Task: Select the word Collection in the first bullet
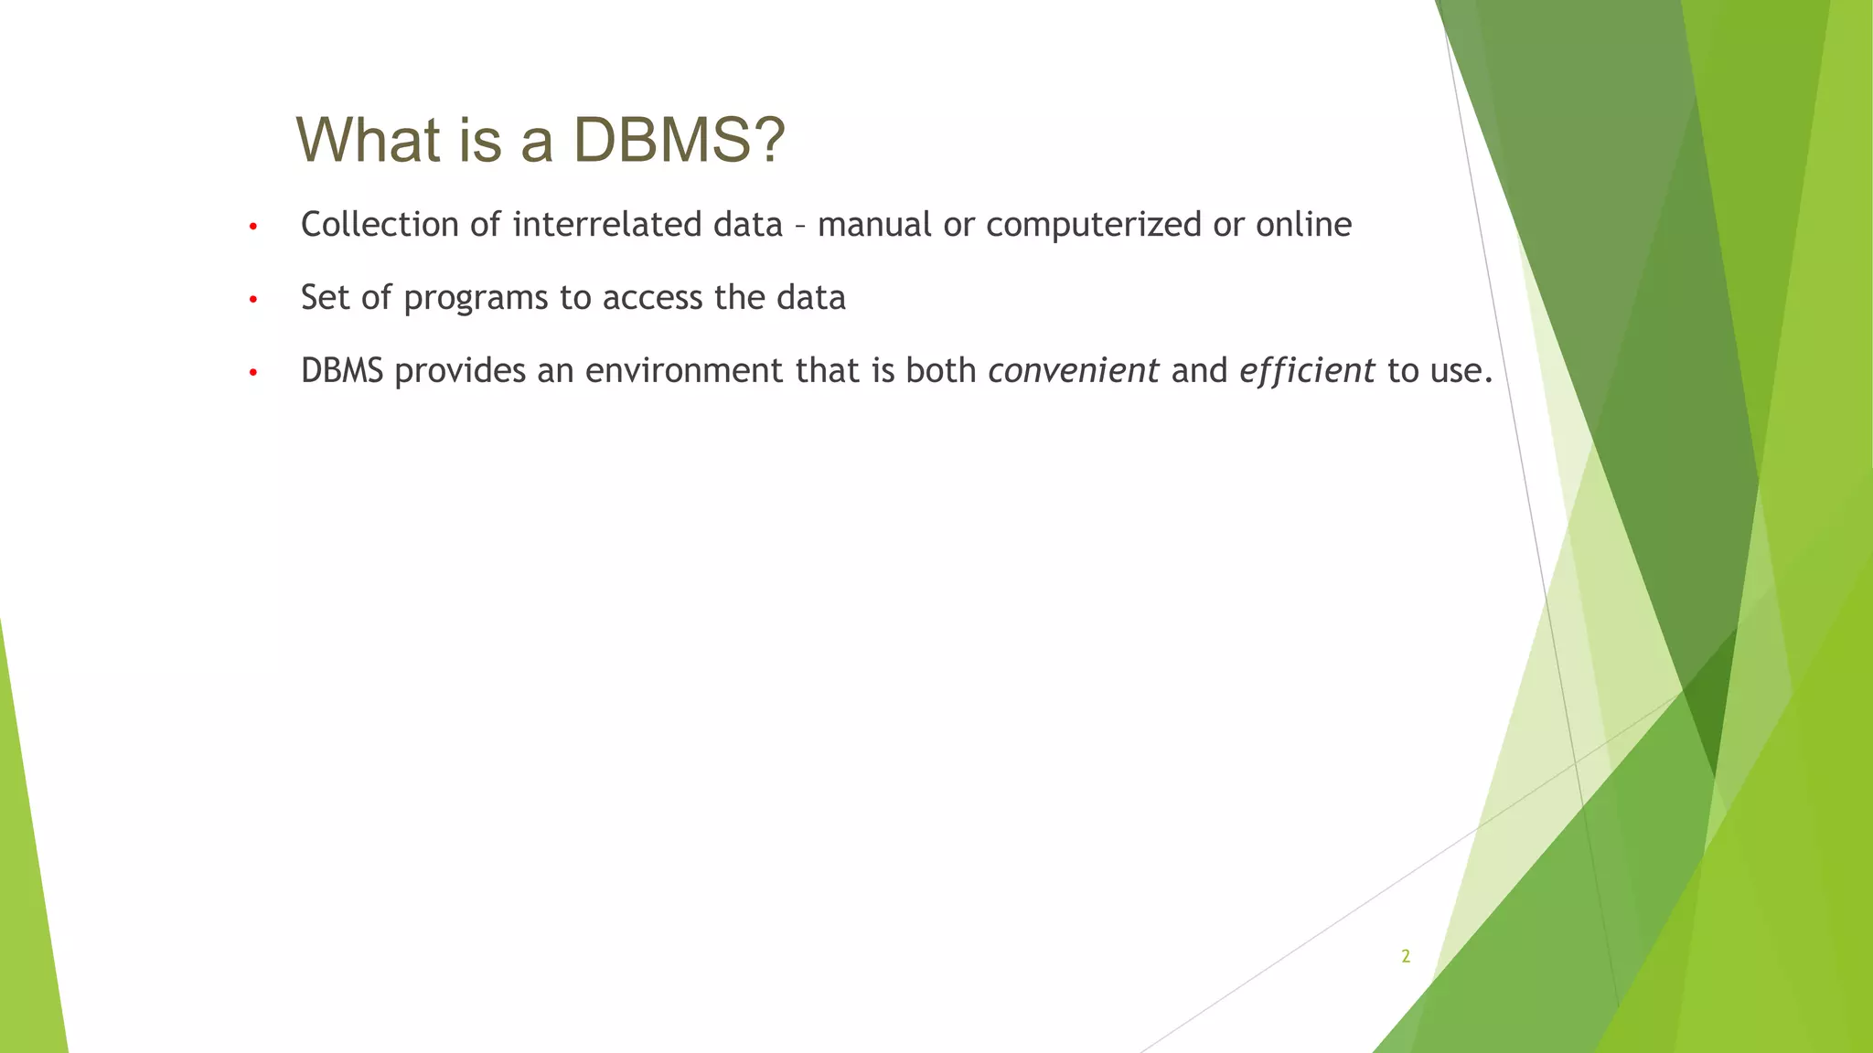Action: coord(380,225)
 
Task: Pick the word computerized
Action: coord(1093,226)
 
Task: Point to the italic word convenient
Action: coord(1074,371)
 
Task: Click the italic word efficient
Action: coord(1307,371)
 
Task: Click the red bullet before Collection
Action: coord(253,227)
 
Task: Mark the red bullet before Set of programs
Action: coord(253,300)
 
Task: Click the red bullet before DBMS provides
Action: coord(253,373)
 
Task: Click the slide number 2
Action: coord(1406,957)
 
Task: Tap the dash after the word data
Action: coord(800,227)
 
